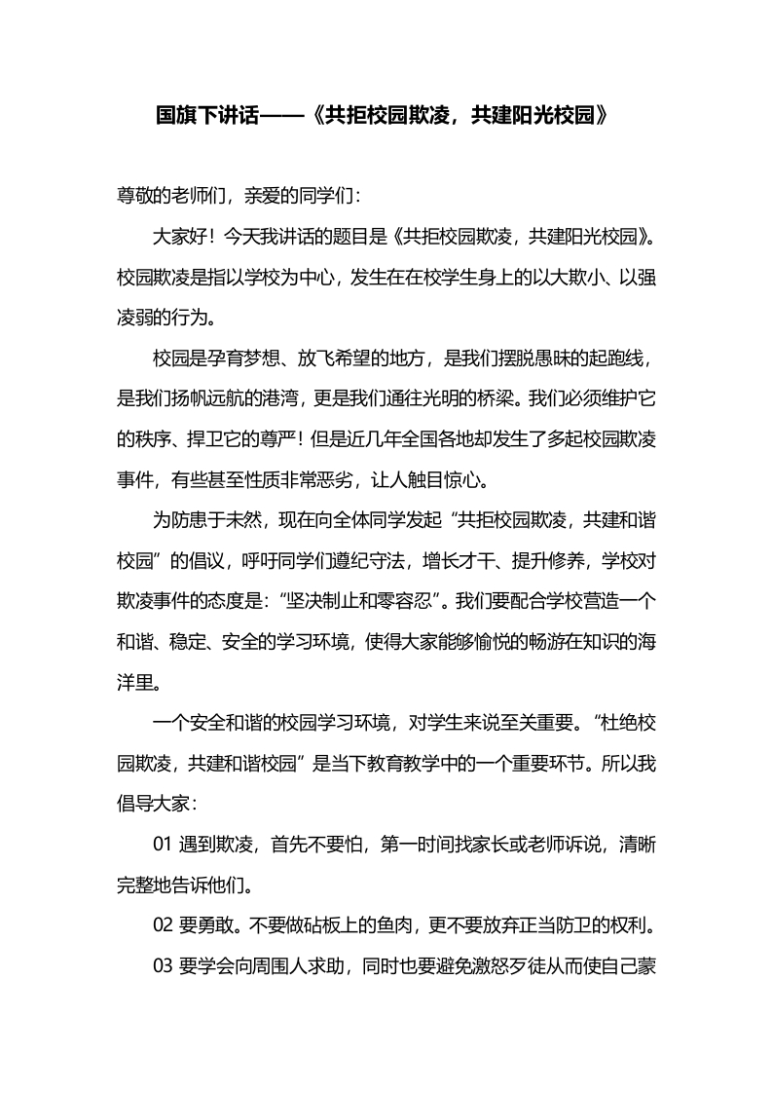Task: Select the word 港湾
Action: pos(309,399)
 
